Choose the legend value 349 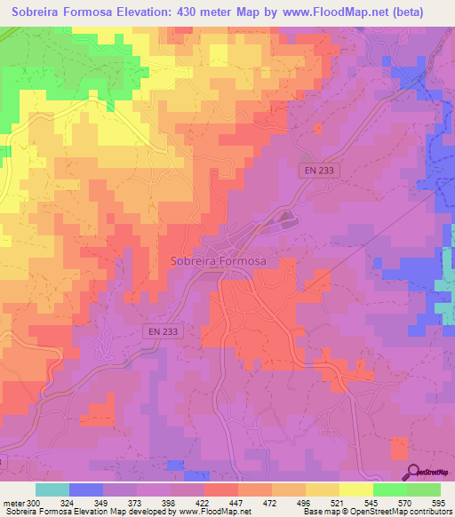(x=103, y=503)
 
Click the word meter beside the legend (x=13, y=503)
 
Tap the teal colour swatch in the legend (x=52, y=489)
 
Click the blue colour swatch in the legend (x=86, y=489)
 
